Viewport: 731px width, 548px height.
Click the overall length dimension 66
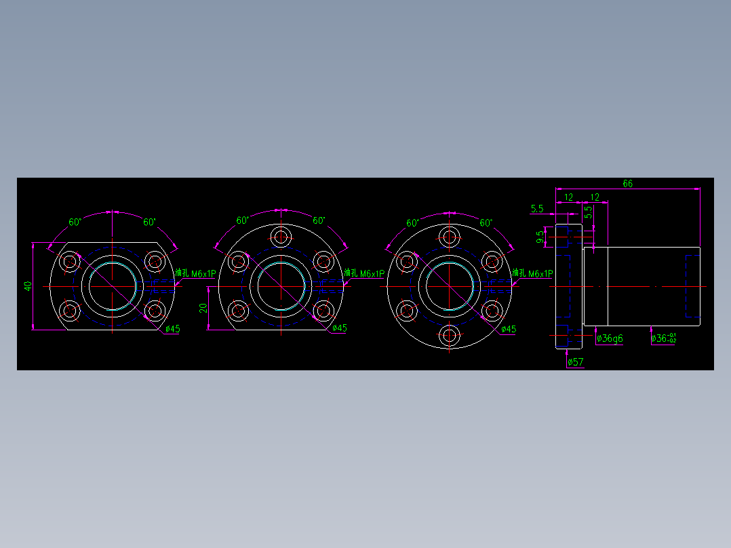click(627, 184)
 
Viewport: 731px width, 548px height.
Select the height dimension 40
click(28, 286)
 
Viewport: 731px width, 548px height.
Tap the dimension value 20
click(203, 308)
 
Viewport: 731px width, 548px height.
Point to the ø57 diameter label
click(575, 361)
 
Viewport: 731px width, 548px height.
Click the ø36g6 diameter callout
click(610, 338)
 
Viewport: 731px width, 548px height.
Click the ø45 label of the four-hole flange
click(173, 329)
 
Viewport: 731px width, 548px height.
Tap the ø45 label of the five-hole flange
click(340, 328)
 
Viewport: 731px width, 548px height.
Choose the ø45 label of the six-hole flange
click(508, 329)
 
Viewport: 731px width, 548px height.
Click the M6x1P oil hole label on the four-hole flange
click(195, 273)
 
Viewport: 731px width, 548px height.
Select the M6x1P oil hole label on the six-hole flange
click(533, 273)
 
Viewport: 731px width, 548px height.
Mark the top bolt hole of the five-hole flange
click(281, 236)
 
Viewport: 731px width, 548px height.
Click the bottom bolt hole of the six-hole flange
click(448, 335)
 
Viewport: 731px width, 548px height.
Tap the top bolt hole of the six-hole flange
click(448, 237)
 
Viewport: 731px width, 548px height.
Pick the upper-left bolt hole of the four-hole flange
click(70, 262)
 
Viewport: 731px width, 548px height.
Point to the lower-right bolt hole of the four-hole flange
click(155, 311)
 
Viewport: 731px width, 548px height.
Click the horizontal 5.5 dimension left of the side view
click(538, 208)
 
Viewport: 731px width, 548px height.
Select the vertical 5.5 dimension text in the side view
click(589, 212)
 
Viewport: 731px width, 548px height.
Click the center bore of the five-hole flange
click(281, 286)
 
